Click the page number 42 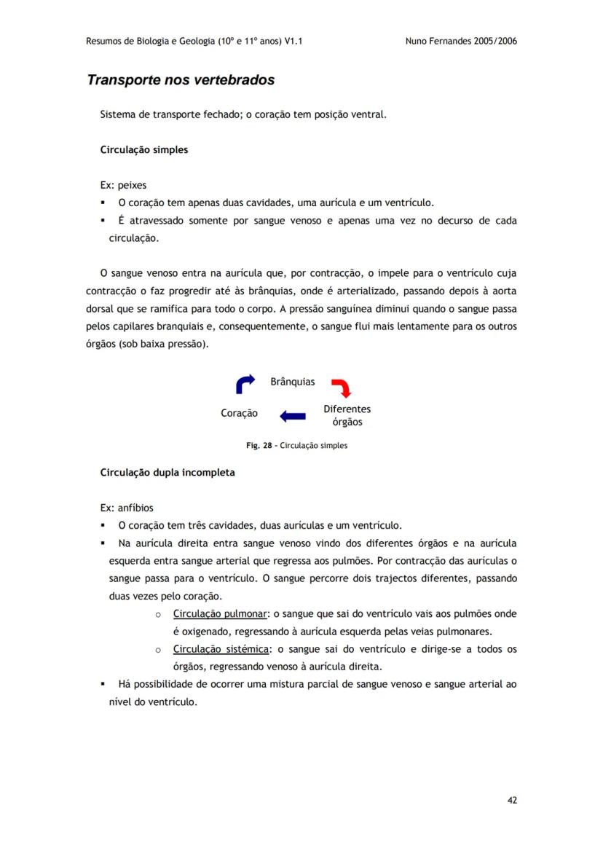coord(512,800)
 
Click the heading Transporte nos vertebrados coord(181,80)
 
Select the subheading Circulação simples coord(143,150)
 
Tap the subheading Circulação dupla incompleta coord(167,473)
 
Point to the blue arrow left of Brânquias coord(246,383)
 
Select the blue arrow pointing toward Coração coord(293,416)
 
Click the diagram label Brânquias coord(293,382)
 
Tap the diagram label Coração coord(239,413)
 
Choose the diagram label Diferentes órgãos coord(347,416)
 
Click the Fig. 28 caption coord(296,446)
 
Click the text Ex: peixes coord(123,185)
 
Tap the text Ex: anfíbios coord(126,508)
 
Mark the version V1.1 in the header coord(293,42)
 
